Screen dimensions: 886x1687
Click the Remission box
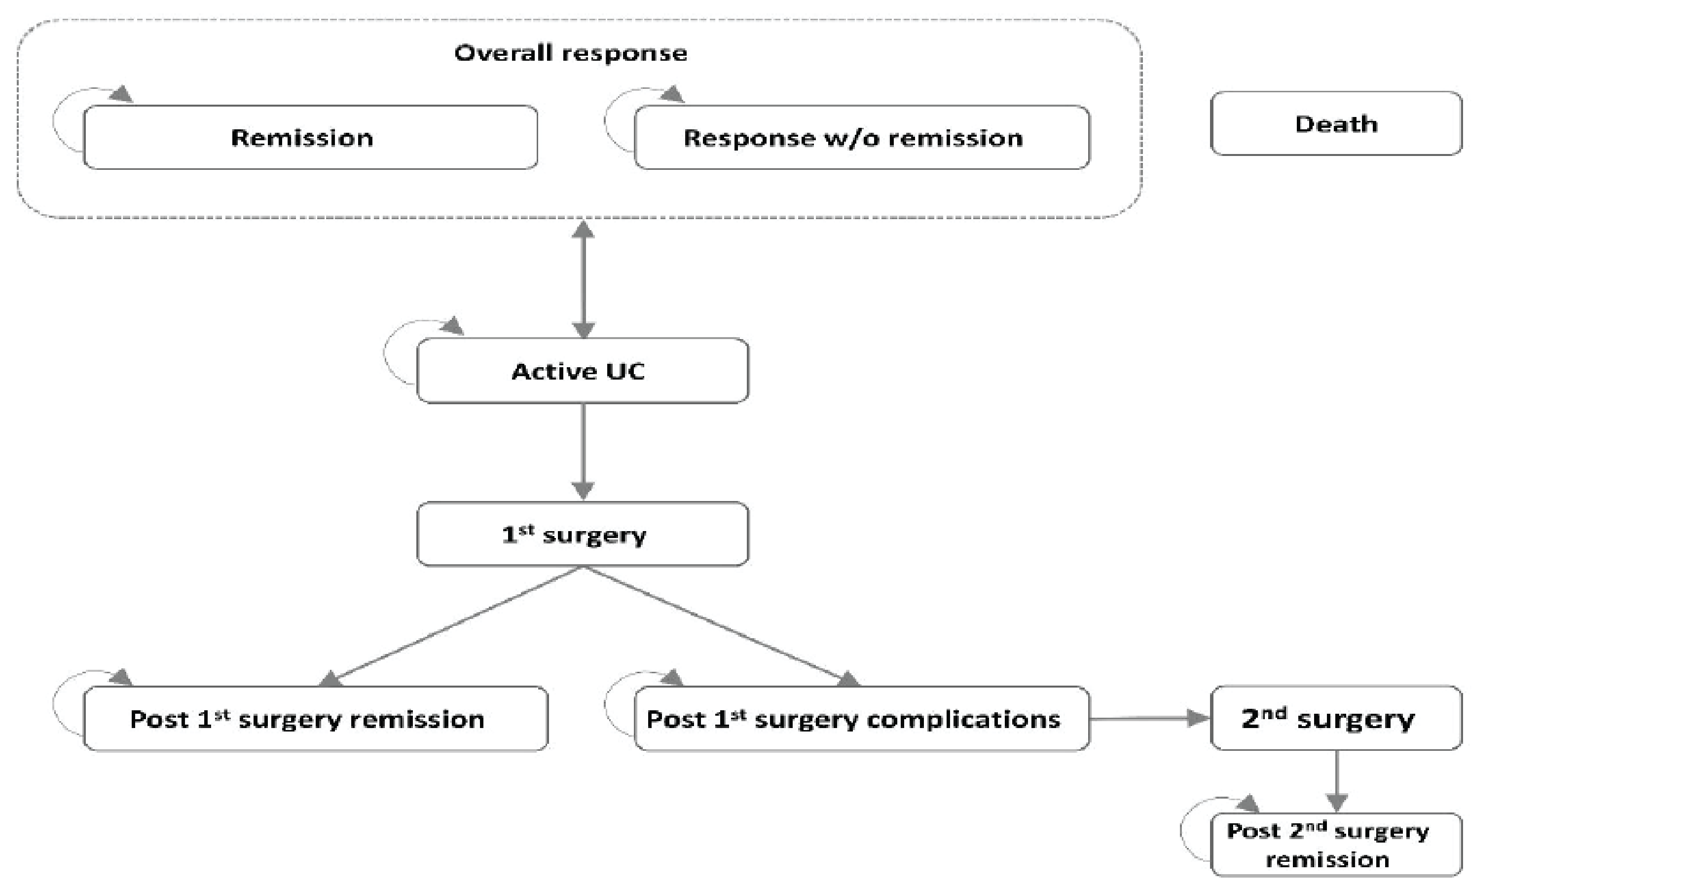click(x=310, y=138)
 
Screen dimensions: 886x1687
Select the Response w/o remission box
click(x=861, y=138)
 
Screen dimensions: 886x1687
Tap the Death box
click(x=1336, y=124)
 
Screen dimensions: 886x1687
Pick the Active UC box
click(x=582, y=371)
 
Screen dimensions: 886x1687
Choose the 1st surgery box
click(x=582, y=534)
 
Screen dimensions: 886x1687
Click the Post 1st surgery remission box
click(x=315, y=719)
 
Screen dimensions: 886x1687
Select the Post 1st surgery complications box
click(x=861, y=719)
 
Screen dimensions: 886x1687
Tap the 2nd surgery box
click(x=1336, y=718)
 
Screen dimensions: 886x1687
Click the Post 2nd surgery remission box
click(x=1336, y=845)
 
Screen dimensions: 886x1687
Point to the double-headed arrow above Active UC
click(x=583, y=279)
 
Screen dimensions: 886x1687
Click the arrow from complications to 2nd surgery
click(x=1149, y=719)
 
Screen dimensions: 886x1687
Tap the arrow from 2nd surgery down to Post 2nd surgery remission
click(x=1336, y=780)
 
